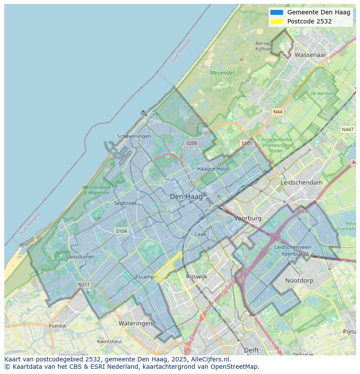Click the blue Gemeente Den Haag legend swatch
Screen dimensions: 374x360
point(276,13)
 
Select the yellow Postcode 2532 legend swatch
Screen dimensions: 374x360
point(276,21)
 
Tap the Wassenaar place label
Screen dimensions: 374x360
point(310,55)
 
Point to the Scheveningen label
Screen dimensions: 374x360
point(134,136)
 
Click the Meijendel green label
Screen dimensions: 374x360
point(222,73)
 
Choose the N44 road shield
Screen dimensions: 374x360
point(277,112)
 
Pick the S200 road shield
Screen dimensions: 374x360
point(191,143)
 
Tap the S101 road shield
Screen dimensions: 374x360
point(247,143)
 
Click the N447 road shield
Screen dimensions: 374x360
point(347,129)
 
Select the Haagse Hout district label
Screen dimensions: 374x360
point(213,169)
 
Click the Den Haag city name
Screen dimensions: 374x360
point(186,197)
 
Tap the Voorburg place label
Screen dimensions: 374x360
point(248,218)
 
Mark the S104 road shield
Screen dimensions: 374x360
point(121,231)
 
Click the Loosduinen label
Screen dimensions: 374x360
point(80,257)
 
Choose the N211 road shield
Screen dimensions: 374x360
point(83,285)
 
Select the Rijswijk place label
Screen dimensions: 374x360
point(197,276)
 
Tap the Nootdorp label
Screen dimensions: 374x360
point(299,281)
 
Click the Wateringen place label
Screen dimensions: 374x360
point(135,323)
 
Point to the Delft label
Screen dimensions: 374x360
point(251,350)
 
